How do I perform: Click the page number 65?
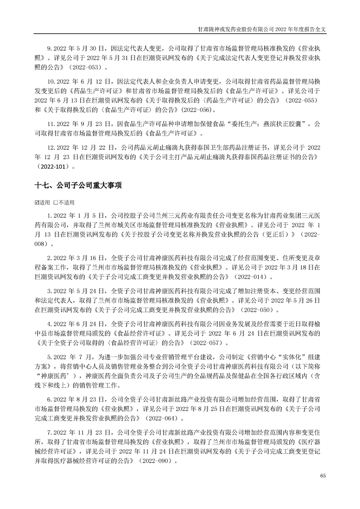(323, 475)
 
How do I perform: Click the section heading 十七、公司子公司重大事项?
(78, 186)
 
